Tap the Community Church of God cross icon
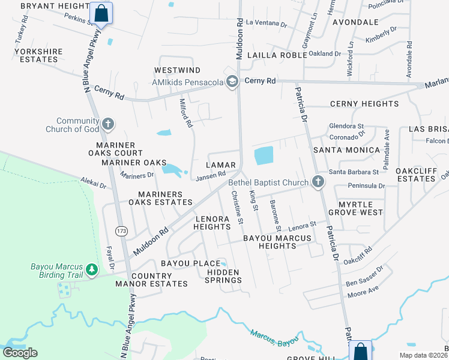[x=108, y=124]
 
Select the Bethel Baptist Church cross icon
[x=318, y=182]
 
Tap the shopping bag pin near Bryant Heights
[x=101, y=13]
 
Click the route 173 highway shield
[x=122, y=231]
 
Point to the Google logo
[x=20, y=353]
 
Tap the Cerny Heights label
[x=364, y=104]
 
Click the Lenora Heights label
[x=212, y=223]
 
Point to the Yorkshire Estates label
[x=38, y=55]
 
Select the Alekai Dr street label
[x=94, y=184]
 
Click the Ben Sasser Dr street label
[x=363, y=275]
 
